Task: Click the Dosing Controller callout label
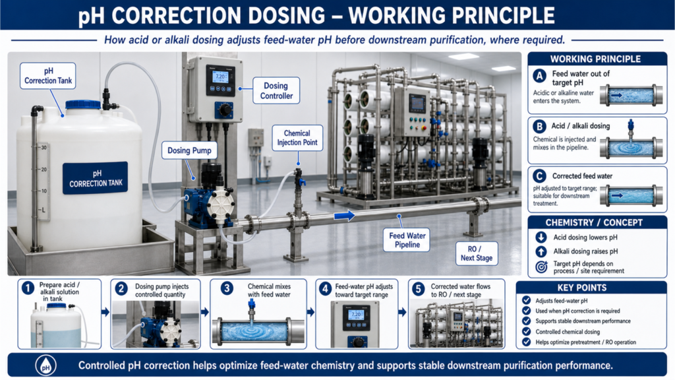pyautogui.click(x=276, y=91)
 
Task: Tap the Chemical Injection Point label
pyautogui.click(x=297, y=138)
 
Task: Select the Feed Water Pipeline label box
pyautogui.click(x=407, y=240)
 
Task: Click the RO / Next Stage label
pyautogui.click(x=477, y=254)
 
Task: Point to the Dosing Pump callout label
pyautogui.click(x=189, y=150)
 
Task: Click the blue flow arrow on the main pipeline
pyautogui.click(x=344, y=215)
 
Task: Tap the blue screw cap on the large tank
pyautogui.click(x=83, y=105)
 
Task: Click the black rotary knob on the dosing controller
pyautogui.click(x=225, y=110)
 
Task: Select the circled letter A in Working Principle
pyautogui.click(x=540, y=77)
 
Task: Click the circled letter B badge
pyautogui.click(x=539, y=126)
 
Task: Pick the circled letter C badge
pyautogui.click(x=539, y=176)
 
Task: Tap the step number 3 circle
pyautogui.click(x=227, y=288)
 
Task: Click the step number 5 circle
pyautogui.click(x=418, y=289)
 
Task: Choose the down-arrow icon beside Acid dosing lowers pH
pyautogui.click(x=541, y=237)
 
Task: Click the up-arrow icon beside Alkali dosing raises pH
pyautogui.click(x=541, y=251)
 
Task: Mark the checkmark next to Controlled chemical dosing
pyautogui.click(x=526, y=332)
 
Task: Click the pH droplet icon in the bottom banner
pyautogui.click(x=45, y=365)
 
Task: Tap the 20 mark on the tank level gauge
pyautogui.click(x=44, y=170)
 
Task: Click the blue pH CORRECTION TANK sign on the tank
pyautogui.click(x=95, y=178)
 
